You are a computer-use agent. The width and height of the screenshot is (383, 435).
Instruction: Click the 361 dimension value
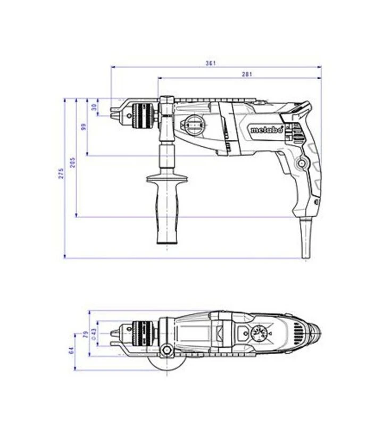(211, 63)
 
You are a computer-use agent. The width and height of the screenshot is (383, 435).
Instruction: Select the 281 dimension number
(247, 74)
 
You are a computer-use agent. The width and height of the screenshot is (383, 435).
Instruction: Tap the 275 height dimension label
(61, 173)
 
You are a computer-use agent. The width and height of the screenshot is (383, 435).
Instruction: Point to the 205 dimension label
(72, 163)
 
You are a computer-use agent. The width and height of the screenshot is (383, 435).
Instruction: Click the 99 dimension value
(84, 127)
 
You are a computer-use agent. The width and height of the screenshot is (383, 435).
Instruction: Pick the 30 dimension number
(94, 107)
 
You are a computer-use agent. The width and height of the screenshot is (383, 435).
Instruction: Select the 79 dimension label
(86, 334)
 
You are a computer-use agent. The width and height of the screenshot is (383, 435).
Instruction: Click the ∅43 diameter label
(94, 334)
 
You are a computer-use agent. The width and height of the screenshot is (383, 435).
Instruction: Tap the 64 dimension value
(72, 350)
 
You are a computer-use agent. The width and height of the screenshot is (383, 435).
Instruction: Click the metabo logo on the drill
(267, 130)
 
